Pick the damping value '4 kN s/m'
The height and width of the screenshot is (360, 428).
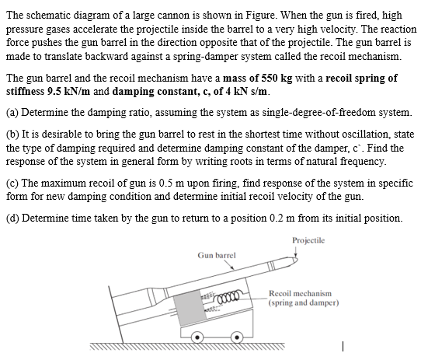click(x=246, y=92)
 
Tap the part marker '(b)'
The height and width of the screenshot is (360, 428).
click(x=13, y=135)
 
